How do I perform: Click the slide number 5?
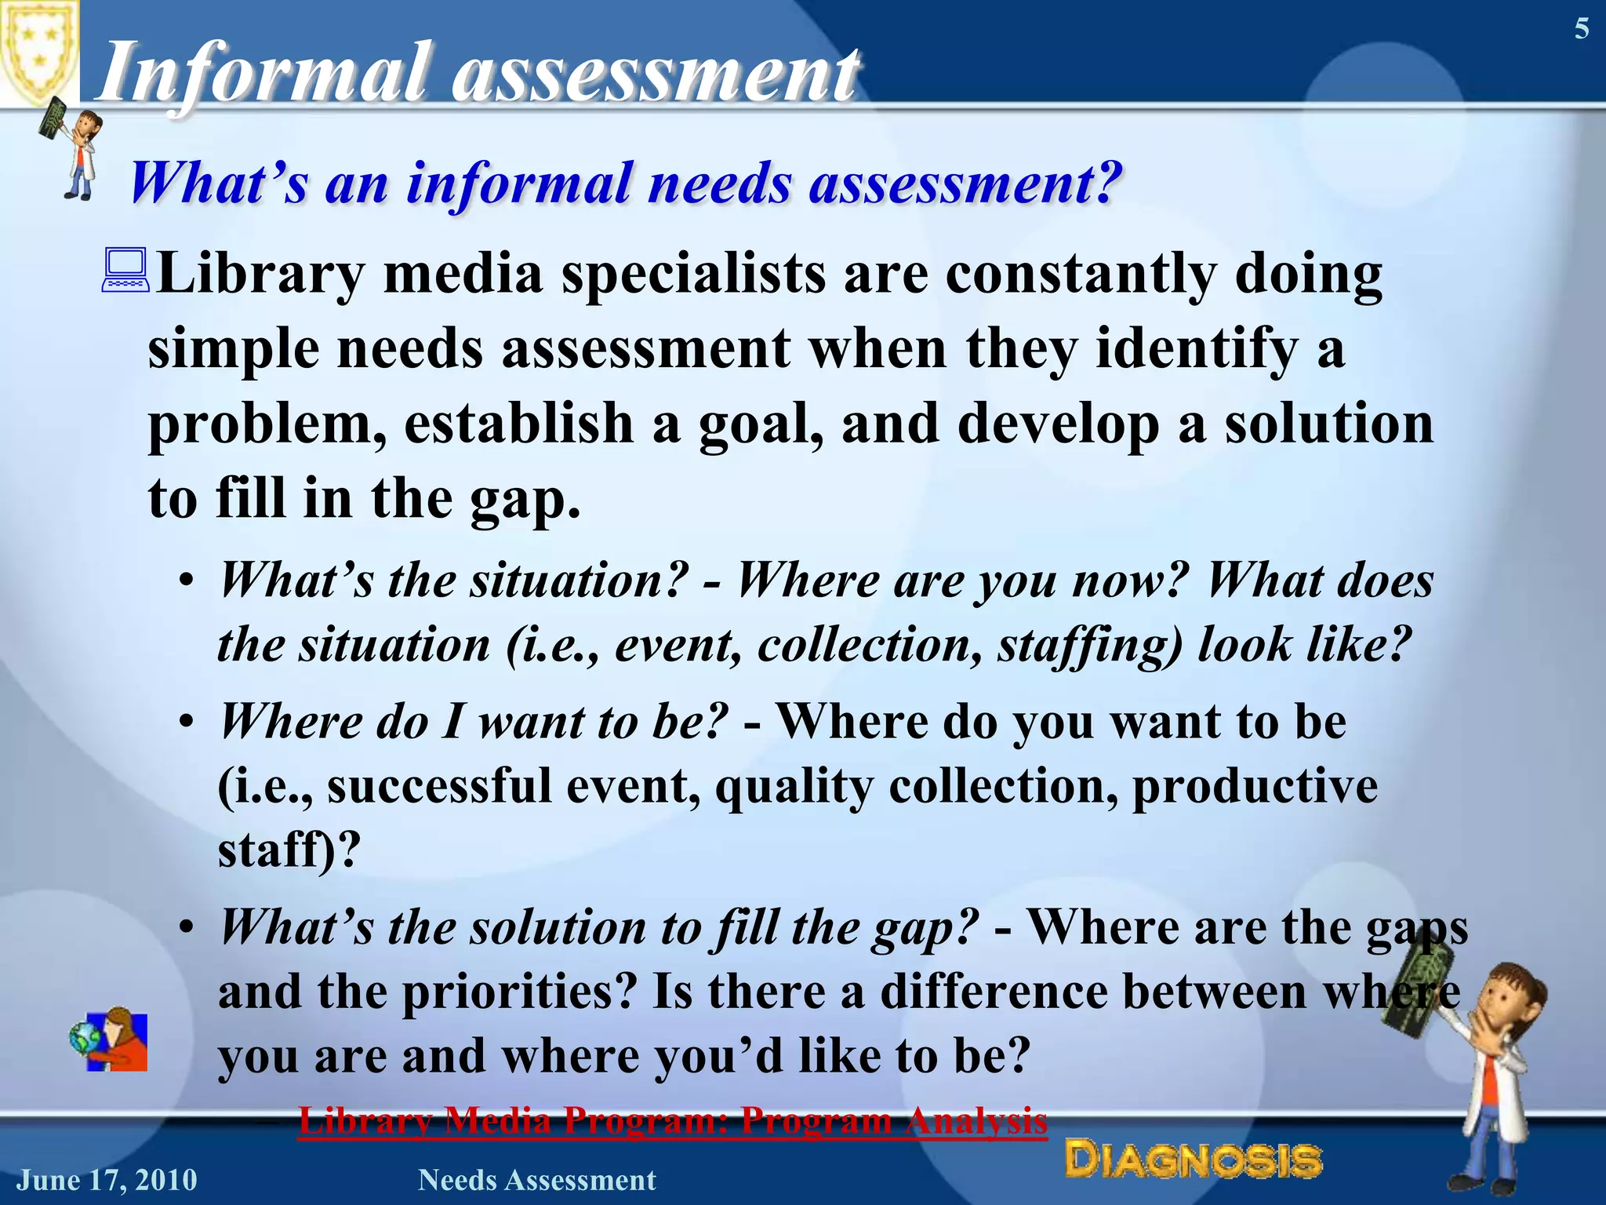1582,29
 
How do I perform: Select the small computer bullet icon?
125,271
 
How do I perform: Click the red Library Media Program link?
672,1120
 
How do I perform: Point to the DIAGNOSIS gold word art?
1193,1160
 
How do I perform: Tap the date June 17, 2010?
107,1180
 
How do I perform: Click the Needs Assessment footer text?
536,1180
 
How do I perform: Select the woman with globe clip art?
110,1039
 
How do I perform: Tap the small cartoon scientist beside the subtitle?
74,149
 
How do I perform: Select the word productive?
1255,785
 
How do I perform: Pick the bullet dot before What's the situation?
186,582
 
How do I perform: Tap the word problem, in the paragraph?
267,424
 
